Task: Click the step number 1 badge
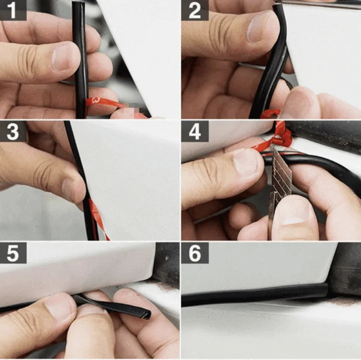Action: tap(13, 10)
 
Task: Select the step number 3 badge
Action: tap(13, 131)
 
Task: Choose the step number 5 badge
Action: tap(13, 253)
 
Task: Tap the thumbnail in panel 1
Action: tap(66, 57)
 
